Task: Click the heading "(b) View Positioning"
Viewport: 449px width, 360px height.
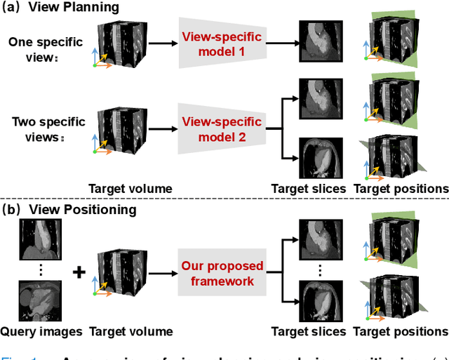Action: click(70, 209)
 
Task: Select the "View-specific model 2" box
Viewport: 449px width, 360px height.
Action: click(222, 130)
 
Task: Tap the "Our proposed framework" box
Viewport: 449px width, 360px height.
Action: click(222, 273)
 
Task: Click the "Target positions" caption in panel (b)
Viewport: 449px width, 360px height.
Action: click(401, 331)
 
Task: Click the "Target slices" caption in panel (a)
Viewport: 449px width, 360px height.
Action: click(309, 188)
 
